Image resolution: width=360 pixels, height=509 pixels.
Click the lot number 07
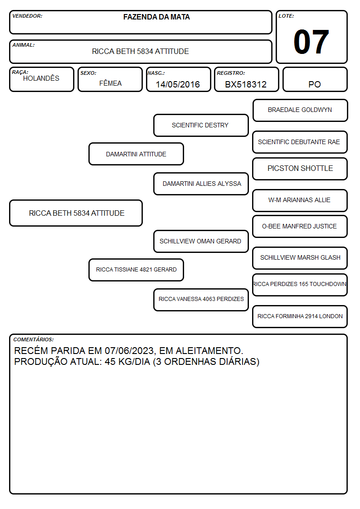pyautogui.click(x=311, y=42)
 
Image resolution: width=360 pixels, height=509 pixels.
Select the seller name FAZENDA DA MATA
pyautogui.click(x=156, y=17)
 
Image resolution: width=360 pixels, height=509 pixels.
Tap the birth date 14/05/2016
pyautogui.click(x=178, y=84)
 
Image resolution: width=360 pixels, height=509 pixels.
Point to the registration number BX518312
pyautogui.click(x=246, y=84)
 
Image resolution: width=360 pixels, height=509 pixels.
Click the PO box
pyautogui.click(x=315, y=79)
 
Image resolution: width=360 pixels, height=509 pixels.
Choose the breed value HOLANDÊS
pyautogui.click(x=41, y=78)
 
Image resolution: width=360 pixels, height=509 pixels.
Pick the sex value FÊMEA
pyautogui.click(x=110, y=83)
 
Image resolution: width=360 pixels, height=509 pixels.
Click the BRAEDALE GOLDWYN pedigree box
pyautogui.click(x=300, y=111)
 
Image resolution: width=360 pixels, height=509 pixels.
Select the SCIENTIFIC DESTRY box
pyautogui.click(x=201, y=125)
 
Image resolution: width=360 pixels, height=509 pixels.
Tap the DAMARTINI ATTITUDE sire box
pyautogui.click(x=136, y=154)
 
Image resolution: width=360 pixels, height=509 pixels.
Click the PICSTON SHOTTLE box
pyautogui.click(x=300, y=169)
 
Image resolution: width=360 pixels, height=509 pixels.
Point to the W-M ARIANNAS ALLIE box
pyautogui.click(x=300, y=200)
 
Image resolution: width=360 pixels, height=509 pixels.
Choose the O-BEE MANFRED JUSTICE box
pyautogui.click(x=300, y=227)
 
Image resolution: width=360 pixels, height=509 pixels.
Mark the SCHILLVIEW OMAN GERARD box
pyautogui.click(x=201, y=241)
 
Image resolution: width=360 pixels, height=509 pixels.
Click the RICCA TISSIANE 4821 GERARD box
pyautogui.click(x=136, y=270)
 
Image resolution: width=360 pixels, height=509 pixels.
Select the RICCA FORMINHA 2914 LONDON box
pyautogui.click(x=300, y=316)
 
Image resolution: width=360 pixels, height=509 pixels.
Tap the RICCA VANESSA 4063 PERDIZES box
pyautogui.click(x=201, y=300)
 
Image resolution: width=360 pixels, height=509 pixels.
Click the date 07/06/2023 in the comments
pyautogui.click(x=129, y=351)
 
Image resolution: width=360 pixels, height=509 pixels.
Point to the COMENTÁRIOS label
pyautogui.click(x=34, y=339)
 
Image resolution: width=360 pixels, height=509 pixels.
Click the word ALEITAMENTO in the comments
pyautogui.click(x=209, y=351)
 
